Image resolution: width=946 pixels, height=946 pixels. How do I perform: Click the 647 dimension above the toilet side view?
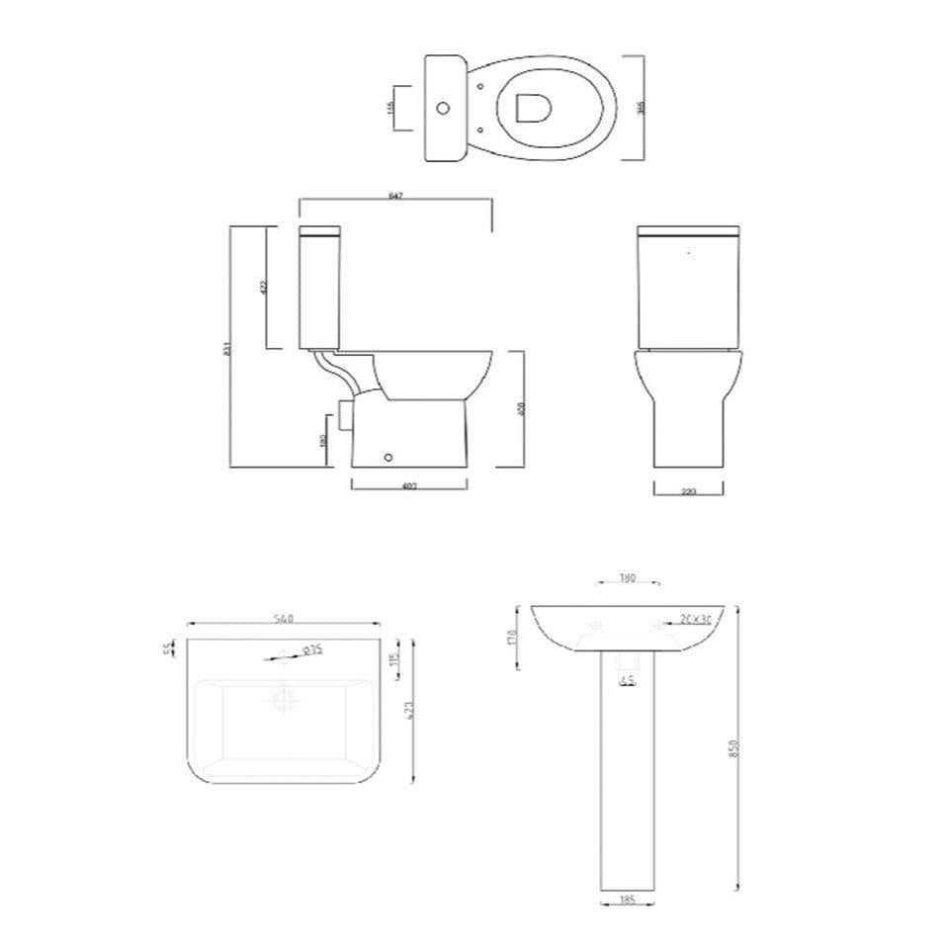pyautogui.click(x=395, y=197)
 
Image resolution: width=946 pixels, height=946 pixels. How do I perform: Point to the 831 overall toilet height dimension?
pyautogui.click(x=229, y=348)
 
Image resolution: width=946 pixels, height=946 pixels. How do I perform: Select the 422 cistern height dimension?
pyautogui.click(x=264, y=288)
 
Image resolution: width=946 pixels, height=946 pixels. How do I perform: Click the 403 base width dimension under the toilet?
pyautogui.click(x=409, y=485)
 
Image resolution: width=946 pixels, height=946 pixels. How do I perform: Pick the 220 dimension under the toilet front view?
pyautogui.click(x=689, y=490)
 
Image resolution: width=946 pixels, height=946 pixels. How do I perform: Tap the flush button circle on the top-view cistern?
pyautogui.click(x=444, y=108)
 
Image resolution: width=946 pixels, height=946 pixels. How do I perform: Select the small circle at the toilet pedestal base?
pyautogui.click(x=389, y=457)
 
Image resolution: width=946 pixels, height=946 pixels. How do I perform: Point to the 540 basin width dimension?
pyautogui.click(x=285, y=620)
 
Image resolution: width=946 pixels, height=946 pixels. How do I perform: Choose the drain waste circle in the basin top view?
pyautogui.click(x=284, y=700)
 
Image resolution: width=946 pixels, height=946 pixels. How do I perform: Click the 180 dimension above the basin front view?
pyautogui.click(x=627, y=579)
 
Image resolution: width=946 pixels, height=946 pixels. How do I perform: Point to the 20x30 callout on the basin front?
pyautogui.click(x=697, y=620)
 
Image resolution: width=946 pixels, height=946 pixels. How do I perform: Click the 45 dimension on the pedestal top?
pyautogui.click(x=628, y=680)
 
